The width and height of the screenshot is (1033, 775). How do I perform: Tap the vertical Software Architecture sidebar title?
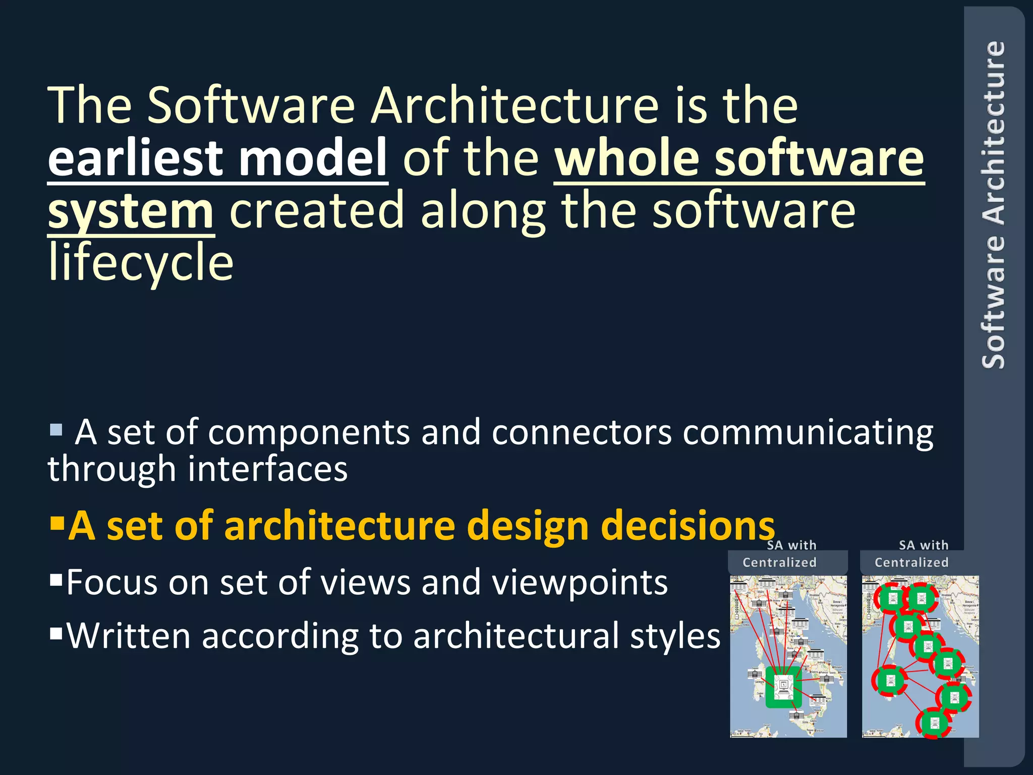pyautogui.click(x=993, y=204)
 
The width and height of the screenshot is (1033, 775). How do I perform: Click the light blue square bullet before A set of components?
pyautogui.click(x=56, y=430)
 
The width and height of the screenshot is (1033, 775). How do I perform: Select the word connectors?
pyautogui.click(x=581, y=433)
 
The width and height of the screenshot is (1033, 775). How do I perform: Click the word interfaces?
pyautogui.click(x=267, y=469)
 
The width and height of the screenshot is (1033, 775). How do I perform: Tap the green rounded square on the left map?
pyautogui.click(x=783, y=687)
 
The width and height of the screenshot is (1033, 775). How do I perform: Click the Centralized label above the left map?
pyautogui.click(x=779, y=562)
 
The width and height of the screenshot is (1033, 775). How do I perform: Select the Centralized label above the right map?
pyautogui.click(x=911, y=562)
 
